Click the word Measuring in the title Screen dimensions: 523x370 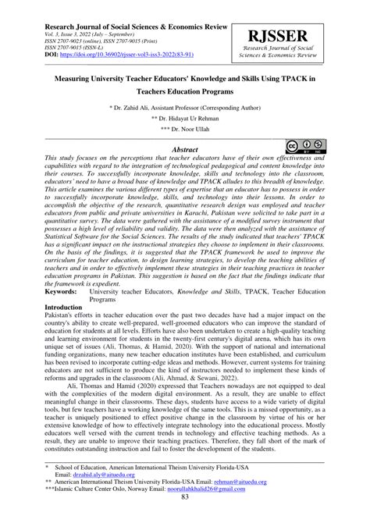tap(77, 80)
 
